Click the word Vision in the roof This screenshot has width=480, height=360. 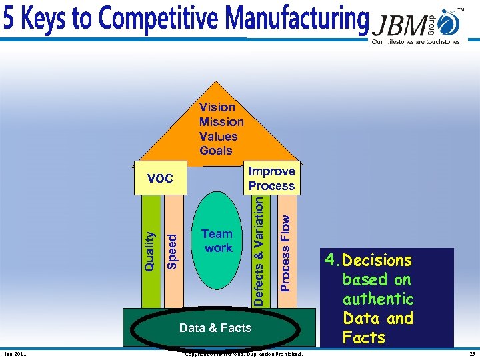pos(217,107)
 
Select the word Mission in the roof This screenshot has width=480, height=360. pos(221,121)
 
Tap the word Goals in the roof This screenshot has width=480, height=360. pos(216,151)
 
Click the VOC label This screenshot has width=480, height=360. pos(160,179)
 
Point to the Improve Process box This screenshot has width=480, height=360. pos(271,179)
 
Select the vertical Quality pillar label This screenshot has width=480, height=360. pos(151,251)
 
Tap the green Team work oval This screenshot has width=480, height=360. pos(218,241)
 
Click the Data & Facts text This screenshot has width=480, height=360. pos(215,327)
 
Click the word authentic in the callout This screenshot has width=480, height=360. pos(378,299)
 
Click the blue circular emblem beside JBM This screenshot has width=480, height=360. pos(451,24)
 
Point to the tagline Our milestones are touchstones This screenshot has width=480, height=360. pos(416,42)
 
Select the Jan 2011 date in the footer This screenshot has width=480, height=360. pos(15,354)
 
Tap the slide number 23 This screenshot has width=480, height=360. pos(471,354)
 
